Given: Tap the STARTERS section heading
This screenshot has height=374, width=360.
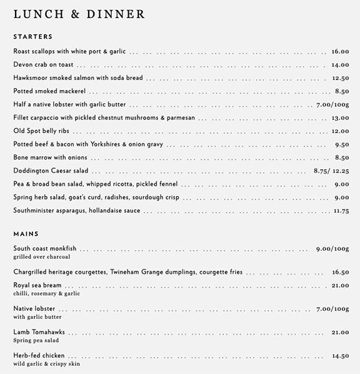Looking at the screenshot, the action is click(x=32, y=37).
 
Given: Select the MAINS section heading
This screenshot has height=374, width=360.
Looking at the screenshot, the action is click(x=26, y=234).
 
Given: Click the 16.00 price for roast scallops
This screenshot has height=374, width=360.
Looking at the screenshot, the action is click(x=340, y=52).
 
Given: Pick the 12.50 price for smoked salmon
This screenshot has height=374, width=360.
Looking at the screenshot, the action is click(x=340, y=78).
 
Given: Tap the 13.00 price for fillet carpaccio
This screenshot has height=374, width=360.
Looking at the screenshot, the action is click(x=340, y=118).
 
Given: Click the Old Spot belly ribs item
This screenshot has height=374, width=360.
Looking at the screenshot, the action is click(x=41, y=131).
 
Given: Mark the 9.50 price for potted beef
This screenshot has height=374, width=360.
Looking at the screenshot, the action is click(x=341, y=144).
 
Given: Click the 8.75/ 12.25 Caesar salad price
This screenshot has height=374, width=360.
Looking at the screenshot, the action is click(x=331, y=171).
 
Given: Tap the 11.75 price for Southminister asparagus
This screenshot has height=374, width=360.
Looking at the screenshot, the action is click(x=341, y=211).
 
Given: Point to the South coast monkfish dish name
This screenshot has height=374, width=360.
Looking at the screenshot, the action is click(x=44, y=249).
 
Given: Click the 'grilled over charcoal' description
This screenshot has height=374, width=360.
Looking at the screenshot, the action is click(x=41, y=257).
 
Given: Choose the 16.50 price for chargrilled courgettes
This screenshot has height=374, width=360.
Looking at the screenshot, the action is click(x=340, y=273).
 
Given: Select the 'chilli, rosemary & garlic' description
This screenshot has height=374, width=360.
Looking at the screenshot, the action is click(x=46, y=293).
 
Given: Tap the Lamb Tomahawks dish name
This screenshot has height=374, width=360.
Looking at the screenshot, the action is click(x=39, y=332).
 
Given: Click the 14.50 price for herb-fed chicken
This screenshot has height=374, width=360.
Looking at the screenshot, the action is click(x=340, y=356).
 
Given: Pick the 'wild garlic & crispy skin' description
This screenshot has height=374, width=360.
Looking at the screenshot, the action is click(x=46, y=364).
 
